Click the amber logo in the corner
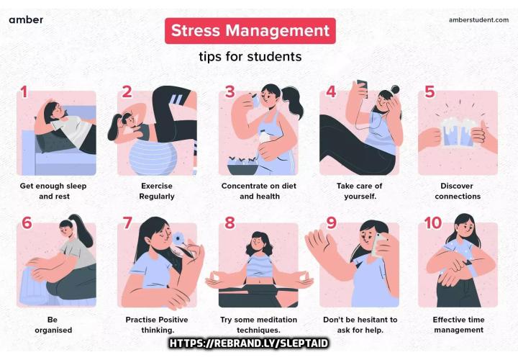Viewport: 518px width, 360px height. tap(26, 20)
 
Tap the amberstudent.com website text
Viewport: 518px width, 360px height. tap(478, 20)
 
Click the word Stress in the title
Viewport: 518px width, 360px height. tap(196, 30)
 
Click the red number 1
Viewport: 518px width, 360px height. tap(24, 92)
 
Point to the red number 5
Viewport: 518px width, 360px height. tap(430, 92)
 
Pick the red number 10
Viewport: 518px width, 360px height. tap(433, 222)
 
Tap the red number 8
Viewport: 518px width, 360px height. tap(230, 222)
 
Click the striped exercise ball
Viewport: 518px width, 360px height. tap(153, 158)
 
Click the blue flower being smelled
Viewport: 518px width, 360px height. tap(178, 238)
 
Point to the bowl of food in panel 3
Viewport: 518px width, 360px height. tap(243, 166)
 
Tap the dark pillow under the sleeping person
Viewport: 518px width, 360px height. tap(55, 140)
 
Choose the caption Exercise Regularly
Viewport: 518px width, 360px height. tap(157, 191)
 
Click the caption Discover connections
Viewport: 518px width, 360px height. tap(458, 191)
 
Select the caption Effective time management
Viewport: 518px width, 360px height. tap(458, 325)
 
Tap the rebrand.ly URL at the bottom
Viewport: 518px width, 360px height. tap(249, 343)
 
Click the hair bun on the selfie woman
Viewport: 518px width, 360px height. tap(395, 89)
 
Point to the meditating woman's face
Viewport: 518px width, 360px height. tap(258, 244)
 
